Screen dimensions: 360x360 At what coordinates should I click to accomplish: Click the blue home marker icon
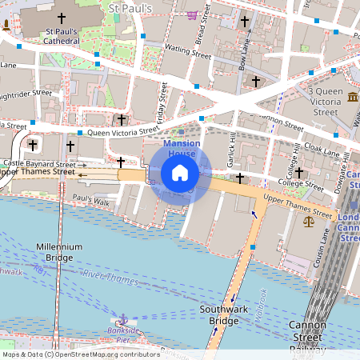[x=180, y=173]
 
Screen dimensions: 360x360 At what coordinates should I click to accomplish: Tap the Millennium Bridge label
[x=59, y=253]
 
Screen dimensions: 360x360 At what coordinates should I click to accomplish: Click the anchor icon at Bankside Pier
[x=122, y=319]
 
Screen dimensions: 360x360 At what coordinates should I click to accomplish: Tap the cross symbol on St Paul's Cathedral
[x=62, y=18]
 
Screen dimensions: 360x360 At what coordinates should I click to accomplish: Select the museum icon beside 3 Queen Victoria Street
[x=353, y=98]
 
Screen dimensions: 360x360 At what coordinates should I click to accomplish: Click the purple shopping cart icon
[x=192, y=14]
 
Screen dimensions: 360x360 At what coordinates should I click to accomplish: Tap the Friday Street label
[x=162, y=106]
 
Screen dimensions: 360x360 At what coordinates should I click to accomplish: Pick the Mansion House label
[x=181, y=147]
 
